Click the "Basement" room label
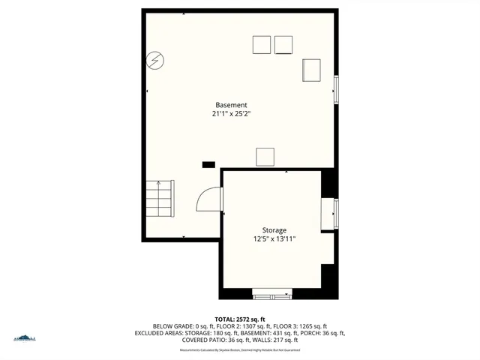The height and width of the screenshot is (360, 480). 231,105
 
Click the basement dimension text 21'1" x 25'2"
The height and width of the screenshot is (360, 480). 231,115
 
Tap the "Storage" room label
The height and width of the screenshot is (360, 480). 274,230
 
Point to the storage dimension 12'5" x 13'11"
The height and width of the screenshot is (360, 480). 274,239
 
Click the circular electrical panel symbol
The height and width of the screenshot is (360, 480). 155,60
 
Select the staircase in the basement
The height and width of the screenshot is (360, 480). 160,198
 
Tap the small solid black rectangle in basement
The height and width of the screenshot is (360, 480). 208,163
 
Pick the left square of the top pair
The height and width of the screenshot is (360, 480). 261,45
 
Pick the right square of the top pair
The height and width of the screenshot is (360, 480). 283,45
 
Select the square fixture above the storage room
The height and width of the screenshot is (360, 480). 265,157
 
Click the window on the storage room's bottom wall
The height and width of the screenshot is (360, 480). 271,294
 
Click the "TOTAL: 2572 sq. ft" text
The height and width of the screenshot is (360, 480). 240,319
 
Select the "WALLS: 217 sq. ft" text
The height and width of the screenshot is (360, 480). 273,340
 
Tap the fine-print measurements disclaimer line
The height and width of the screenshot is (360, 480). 240,349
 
